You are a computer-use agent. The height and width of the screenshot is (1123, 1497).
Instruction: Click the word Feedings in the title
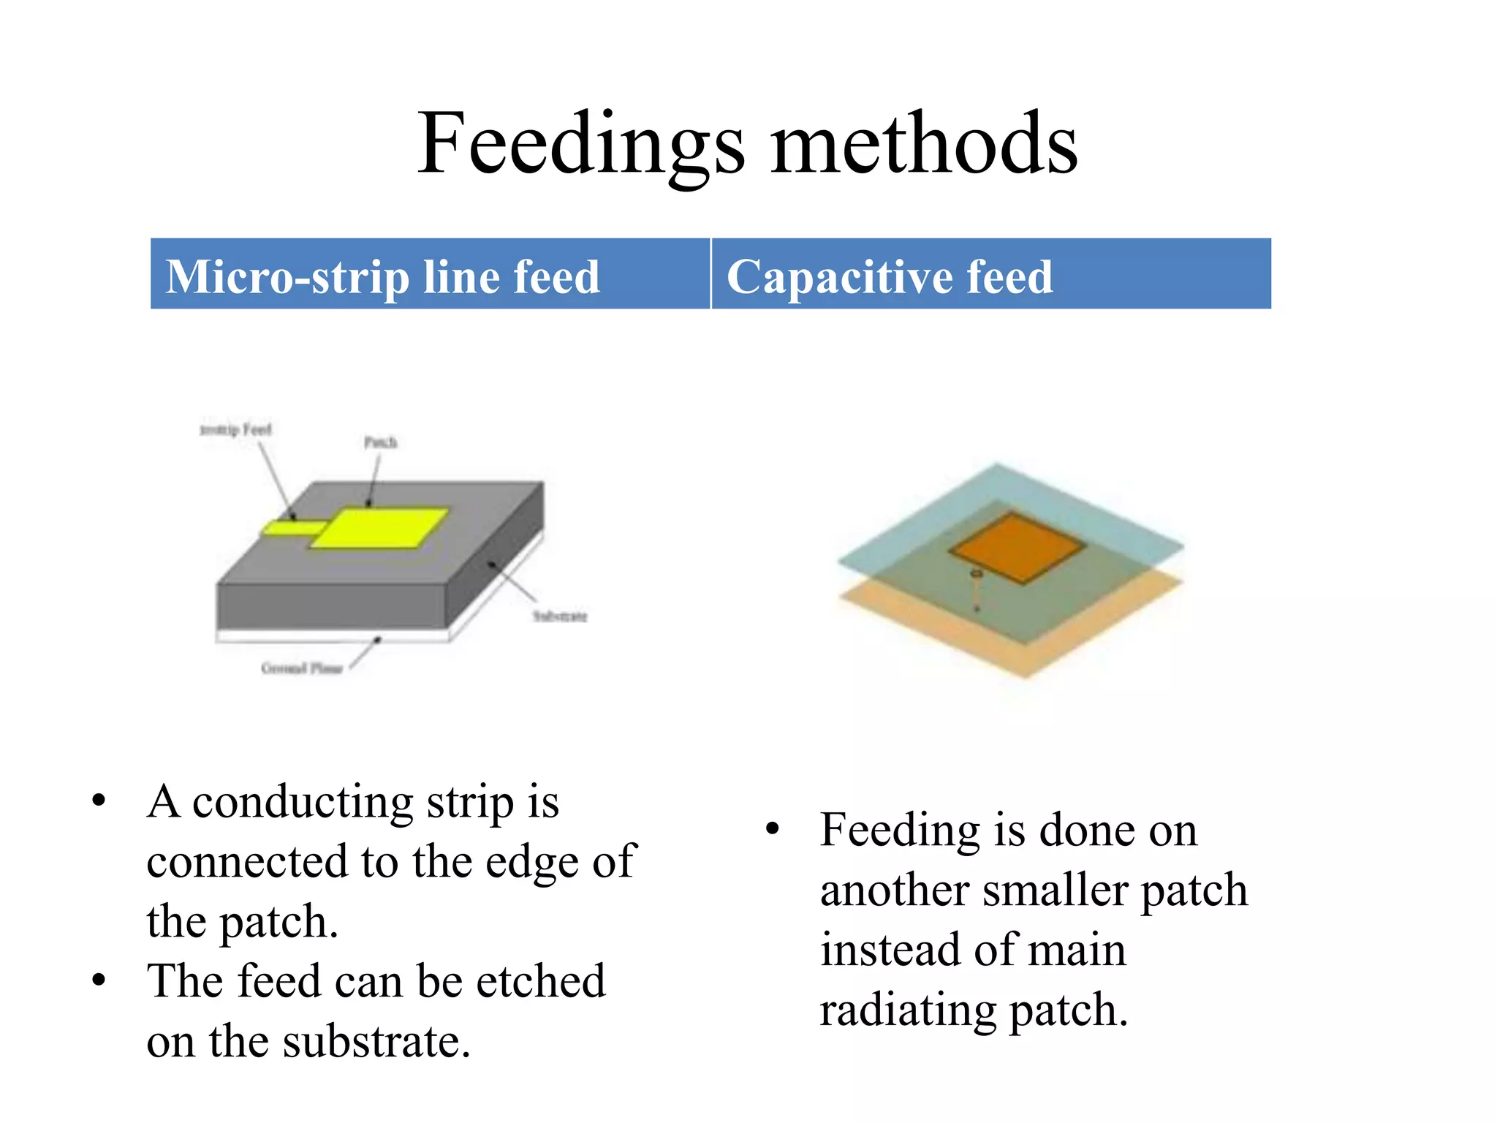coord(581,144)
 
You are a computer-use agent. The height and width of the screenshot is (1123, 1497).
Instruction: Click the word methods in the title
coord(924,144)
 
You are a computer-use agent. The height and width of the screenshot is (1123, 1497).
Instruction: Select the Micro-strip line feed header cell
coord(430,274)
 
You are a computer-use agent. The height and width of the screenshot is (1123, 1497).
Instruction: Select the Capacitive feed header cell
coord(990,274)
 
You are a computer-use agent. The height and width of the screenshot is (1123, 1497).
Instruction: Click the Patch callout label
coord(380,442)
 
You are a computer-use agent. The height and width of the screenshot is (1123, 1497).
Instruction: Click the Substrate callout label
coord(559,616)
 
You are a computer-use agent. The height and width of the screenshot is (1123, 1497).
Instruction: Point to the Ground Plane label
coord(302,668)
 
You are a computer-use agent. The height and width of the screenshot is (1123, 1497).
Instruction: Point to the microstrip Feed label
coord(235,430)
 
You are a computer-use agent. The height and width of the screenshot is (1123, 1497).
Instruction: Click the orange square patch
coord(1016,547)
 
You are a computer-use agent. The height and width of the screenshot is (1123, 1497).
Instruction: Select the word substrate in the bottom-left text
coord(376,1041)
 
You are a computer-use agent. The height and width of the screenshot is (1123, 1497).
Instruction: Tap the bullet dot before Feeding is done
coord(773,830)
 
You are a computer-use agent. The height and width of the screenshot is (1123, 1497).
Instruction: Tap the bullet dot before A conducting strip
coord(99,800)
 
